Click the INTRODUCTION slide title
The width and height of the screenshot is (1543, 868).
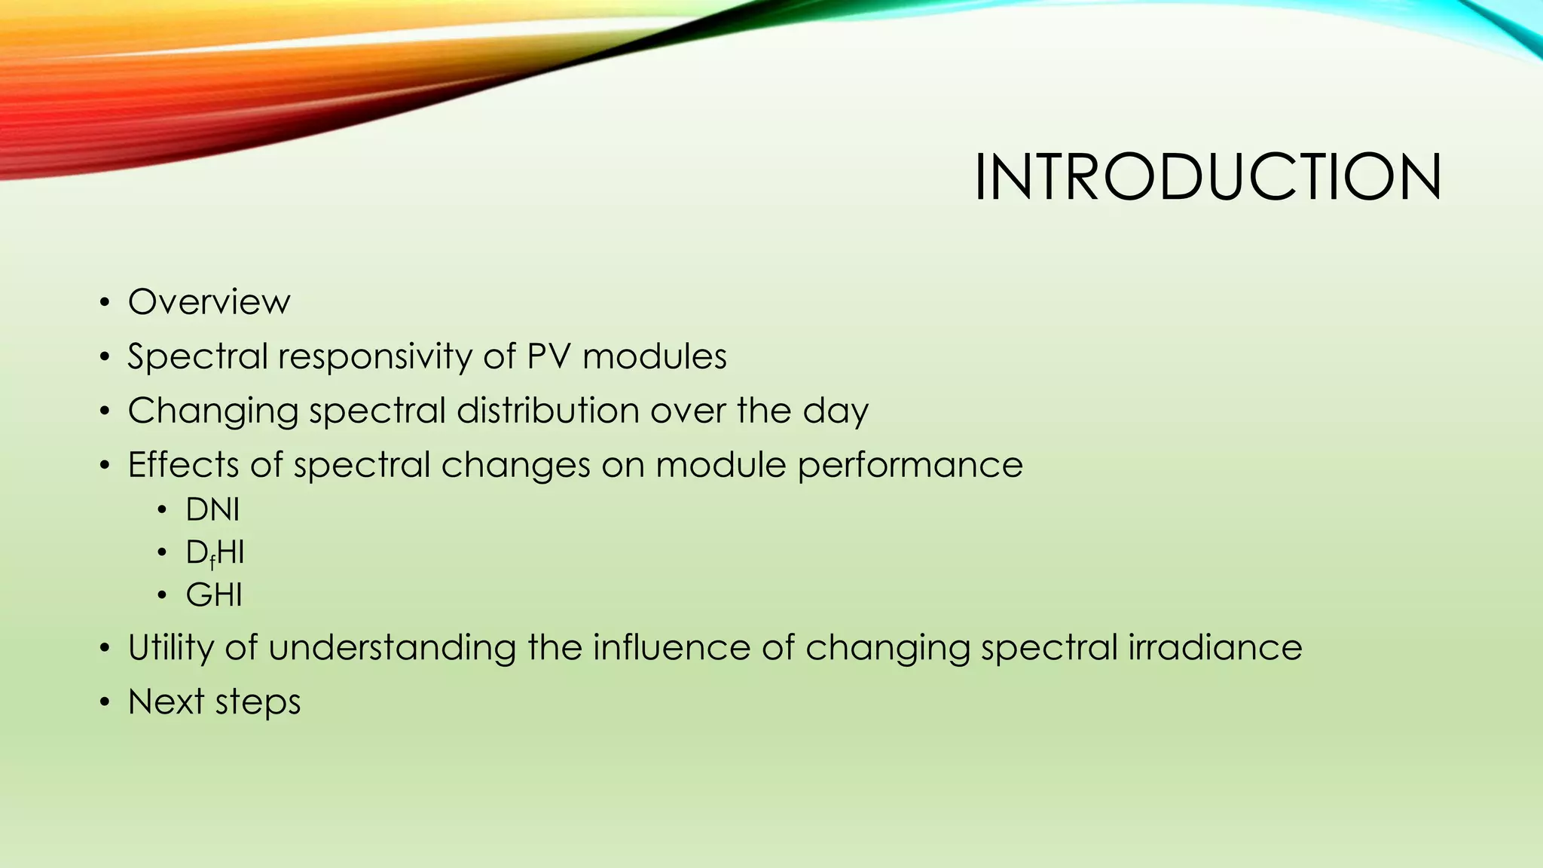click(x=1208, y=178)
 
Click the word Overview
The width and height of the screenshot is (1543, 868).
click(x=209, y=302)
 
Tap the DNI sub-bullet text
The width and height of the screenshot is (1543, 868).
click(x=212, y=510)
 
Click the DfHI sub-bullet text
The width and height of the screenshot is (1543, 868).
click(x=215, y=553)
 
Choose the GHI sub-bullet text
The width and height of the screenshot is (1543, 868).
click(x=214, y=595)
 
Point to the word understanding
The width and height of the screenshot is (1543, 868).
click(x=392, y=648)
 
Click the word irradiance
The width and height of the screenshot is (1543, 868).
click(x=1215, y=648)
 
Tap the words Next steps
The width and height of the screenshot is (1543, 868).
click(x=214, y=702)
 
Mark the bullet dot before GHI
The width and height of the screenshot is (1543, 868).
click(x=162, y=596)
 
